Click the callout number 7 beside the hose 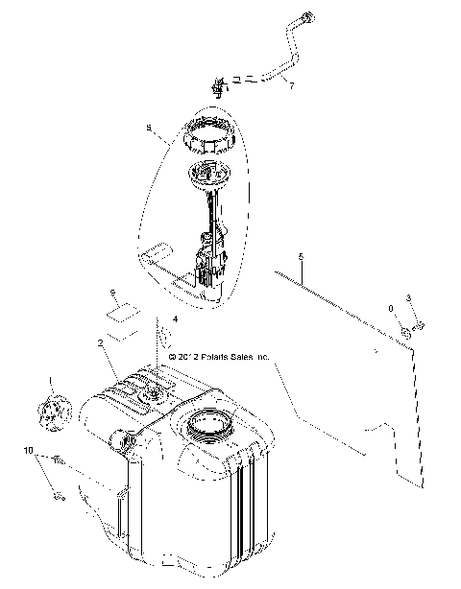(x=292, y=85)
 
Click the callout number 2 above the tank (x=100, y=342)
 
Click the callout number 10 (x=28, y=450)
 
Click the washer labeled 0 (x=407, y=332)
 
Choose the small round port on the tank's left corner (x=121, y=440)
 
